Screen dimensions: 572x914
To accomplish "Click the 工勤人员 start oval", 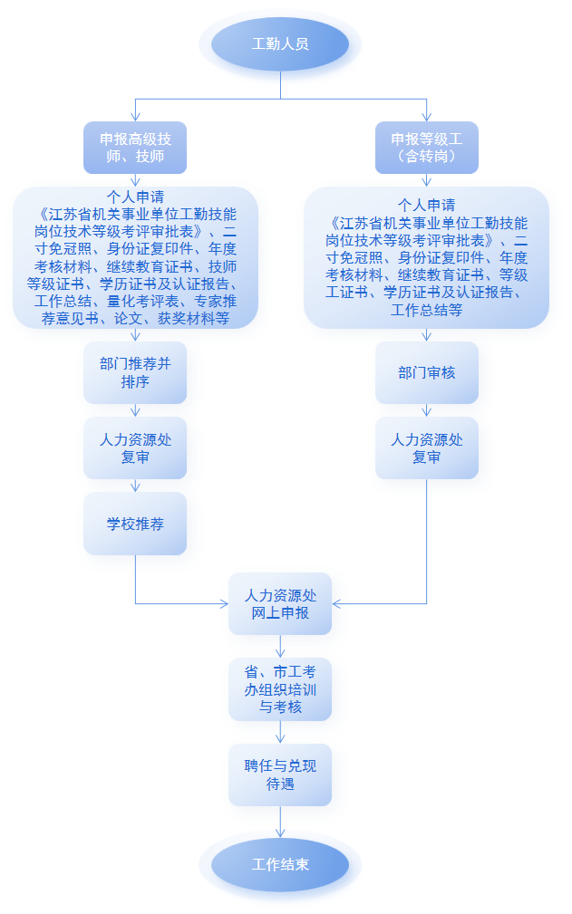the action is pyautogui.click(x=280, y=44).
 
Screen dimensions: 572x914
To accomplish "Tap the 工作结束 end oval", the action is pyautogui.click(x=280, y=864).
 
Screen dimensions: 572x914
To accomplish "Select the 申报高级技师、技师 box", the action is pyautogui.click(x=135, y=148).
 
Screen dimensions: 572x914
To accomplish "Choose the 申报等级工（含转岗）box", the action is pyautogui.click(x=427, y=148).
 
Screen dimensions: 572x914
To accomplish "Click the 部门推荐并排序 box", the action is pyautogui.click(x=135, y=372).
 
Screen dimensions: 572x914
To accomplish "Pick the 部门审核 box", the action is pyautogui.click(x=427, y=372).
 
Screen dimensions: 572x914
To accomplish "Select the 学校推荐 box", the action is pyautogui.click(x=135, y=524).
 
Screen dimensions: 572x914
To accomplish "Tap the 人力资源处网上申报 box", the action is pyautogui.click(x=280, y=604).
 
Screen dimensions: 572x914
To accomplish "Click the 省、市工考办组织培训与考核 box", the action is pyautogui.click(x=280, y=689).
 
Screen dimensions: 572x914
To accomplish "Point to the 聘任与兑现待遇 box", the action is pyautogui.click(x=280, y=774).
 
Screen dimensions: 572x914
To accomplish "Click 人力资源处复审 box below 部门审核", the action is pyautogui.click(x=427, y=447).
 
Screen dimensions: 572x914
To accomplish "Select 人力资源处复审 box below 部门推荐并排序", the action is pyautogui.click(x=135, y=447).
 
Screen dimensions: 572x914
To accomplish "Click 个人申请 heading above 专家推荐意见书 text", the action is pyautogui.click(x=135, y=197).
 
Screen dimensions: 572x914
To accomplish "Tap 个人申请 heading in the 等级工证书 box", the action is pyautogui.click(x=427, y=206).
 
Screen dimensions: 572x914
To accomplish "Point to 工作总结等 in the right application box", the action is pyautogui.click(x=427, y=310).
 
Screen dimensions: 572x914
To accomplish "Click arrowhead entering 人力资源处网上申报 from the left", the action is pyautogui.click(x=225, y=604).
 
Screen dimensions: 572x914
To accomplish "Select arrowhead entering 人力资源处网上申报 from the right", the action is pyautogui.click(x=336, y=604).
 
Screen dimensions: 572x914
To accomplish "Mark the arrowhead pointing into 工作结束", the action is pyautogui.click(x=280, y=833).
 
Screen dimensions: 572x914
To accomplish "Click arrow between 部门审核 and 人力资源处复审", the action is pyautogui.click(x=427, y=409).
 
